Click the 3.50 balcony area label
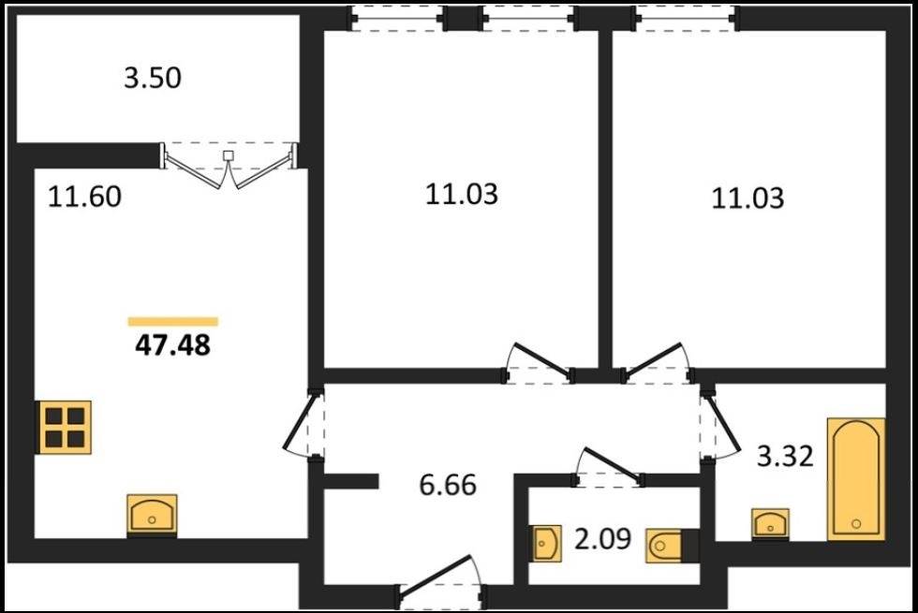point(152,78)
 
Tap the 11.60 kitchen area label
point(84,197)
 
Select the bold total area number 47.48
point(172,345)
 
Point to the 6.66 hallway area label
point(448,485)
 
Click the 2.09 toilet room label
point(602,539)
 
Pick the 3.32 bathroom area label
point(785,457)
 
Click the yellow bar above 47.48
point(173,321)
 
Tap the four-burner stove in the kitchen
point(65,427)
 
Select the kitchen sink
point(152,514)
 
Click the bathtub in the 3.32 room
point(856,479)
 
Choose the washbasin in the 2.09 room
point(547,544)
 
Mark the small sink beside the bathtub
point(770,523)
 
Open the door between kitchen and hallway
point(304,422)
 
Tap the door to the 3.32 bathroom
point(719,424)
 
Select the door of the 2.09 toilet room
point(609,468)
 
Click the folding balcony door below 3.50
point(229,165)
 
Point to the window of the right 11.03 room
point(685,19)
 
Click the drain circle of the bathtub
point(856,523)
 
